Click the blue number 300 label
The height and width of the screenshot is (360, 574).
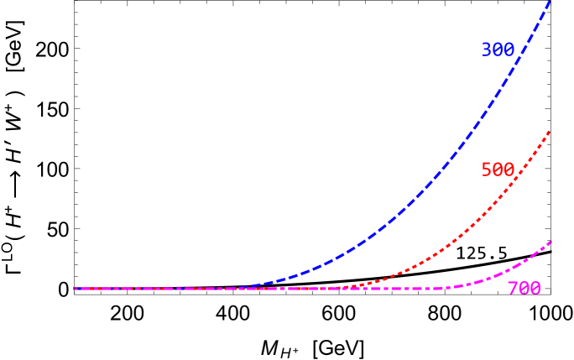click(x=497, y=50)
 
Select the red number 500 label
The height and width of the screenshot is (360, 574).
click(x=497, y=170)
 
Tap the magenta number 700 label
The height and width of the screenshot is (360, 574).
click(x=524, y=290)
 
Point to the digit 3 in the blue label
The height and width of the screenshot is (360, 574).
click(x=486, y=50)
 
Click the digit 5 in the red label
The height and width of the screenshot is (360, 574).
click(x=486, y=170)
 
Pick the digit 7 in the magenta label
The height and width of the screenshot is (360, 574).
click(x=512, y=290)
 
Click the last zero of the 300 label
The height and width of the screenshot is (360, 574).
click(x=509, y=50)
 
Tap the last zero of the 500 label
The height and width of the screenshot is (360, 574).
click(x=509, y=170)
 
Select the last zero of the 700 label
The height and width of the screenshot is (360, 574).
click(x=535, y=290)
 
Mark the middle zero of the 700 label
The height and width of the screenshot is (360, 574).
click(x=524, y=290)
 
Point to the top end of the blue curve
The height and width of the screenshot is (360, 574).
click(x=549, y=3)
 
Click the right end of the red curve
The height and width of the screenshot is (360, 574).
click(x=550, y=131)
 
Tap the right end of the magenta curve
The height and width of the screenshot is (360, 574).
click(x=551, y=242)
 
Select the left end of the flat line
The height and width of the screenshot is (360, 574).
click(x=75, y=289)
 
